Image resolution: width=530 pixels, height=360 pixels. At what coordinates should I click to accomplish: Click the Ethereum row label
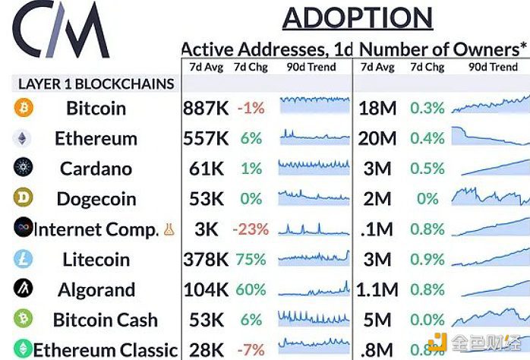pos(96,138)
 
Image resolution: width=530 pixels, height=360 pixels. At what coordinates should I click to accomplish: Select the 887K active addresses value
pos(205,108)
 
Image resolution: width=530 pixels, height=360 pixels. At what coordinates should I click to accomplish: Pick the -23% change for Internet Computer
pos(251,229)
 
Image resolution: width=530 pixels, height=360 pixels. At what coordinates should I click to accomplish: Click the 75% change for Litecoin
pos(251,260)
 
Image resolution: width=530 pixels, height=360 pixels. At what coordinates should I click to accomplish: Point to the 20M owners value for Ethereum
pos(378,138)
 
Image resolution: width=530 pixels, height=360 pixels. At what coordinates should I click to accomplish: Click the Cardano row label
pos(96,169)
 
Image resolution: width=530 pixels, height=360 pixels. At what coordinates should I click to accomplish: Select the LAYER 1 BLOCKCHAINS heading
pos(96,84)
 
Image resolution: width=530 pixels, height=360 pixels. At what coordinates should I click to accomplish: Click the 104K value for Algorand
pos(205,290)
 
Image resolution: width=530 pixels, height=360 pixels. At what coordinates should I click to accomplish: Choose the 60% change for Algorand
pos(251,290)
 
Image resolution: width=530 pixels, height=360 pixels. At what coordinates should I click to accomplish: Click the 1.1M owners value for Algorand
pos(377,290)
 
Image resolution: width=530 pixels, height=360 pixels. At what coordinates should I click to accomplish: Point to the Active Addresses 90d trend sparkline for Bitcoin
pos(314,106)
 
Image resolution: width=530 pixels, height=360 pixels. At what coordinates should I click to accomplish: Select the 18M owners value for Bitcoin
pos(378,108)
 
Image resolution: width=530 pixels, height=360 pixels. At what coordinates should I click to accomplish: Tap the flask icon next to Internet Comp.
pos(169,229)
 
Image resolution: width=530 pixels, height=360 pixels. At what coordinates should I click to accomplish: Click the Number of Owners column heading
pos(438,49)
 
